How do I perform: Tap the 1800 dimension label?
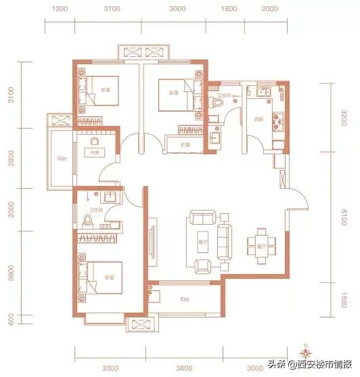click(228, 9)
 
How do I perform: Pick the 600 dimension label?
click(12, 319)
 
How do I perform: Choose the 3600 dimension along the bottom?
click(183, 368)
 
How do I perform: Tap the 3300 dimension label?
click(110, 368)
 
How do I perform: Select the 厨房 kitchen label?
click(258, 120)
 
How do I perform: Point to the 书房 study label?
click(88, 152)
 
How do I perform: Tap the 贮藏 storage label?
click(184, 145)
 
